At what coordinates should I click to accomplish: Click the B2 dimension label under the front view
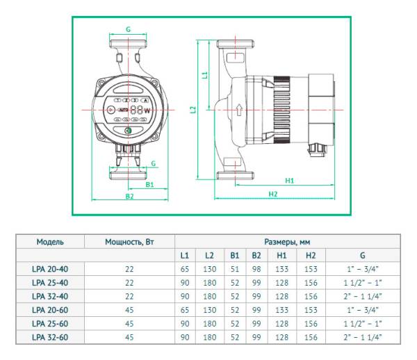tap(129, 197)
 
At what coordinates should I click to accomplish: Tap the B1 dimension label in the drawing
tap(149, 185)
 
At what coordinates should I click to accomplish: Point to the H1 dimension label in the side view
tap(290, 181)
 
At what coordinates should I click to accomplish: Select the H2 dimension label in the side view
tap(273, 194)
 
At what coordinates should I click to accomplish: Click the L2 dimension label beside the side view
tap(194, 109)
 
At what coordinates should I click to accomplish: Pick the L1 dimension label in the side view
tap(205, 74)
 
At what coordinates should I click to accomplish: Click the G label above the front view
tap(129, 30)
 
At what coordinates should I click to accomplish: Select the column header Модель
tap(50, 243)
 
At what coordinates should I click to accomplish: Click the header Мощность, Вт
tap(129, 243)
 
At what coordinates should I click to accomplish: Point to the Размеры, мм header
tap(287, 243)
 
